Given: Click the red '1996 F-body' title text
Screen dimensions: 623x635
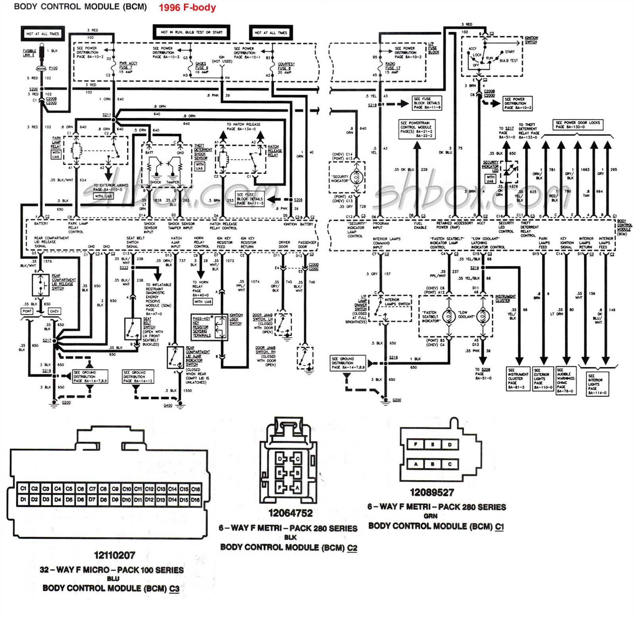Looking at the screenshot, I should (187, 8).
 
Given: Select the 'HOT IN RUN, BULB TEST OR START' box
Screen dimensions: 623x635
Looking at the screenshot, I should (192, 32).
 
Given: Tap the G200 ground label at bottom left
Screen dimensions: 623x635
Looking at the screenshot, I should (66, 402).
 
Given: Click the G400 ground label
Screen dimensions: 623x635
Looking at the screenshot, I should (168, 405).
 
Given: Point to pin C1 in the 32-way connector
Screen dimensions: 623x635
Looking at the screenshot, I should (23, 488).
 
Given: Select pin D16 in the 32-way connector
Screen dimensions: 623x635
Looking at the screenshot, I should (195, 500).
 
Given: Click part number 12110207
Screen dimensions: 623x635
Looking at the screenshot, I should (115, 555).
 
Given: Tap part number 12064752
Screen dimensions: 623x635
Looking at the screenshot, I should (291, 513).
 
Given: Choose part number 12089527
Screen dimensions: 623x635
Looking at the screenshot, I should (432, 492).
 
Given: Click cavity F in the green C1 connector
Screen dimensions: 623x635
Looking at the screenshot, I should (416, 444).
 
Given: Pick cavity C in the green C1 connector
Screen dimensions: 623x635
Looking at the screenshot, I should (450, 464).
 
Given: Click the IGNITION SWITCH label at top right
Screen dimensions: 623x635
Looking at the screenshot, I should (531, 40).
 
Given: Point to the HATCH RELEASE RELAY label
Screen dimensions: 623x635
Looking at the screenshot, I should (274, 151).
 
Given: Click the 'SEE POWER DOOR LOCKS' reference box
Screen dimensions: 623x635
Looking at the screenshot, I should (577, 125).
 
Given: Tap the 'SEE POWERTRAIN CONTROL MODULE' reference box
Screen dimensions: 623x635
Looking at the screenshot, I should (416, 129).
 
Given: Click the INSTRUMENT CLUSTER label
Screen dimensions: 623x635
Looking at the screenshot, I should (505, 298).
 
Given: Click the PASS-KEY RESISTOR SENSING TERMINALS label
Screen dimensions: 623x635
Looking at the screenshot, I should (202, 327).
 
